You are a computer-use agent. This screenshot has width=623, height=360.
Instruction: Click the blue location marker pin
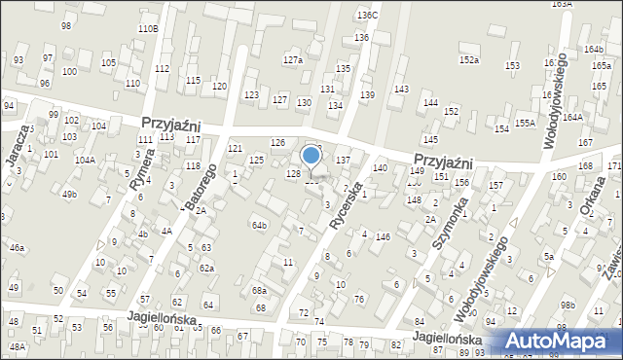point(311,157)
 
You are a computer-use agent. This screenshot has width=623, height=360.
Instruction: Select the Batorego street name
point(199,185)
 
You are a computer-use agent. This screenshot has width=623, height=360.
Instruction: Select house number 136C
point(367,16)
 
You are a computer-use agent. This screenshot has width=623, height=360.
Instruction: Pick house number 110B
point(148,29)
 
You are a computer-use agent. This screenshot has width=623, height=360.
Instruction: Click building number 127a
point(293,60)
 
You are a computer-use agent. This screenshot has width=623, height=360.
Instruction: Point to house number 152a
point(470,60)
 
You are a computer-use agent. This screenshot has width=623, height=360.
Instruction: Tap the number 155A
point(526,123)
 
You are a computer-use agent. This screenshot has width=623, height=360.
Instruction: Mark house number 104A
point(85,160)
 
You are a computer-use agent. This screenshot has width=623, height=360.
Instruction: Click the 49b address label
point(69,195)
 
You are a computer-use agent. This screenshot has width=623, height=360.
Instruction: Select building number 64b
point(259,226)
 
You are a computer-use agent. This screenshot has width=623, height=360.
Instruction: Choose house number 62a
point(206,268)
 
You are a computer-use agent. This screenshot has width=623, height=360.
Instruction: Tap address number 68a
point(259,291)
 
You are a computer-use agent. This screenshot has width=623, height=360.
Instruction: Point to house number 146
point(384,236)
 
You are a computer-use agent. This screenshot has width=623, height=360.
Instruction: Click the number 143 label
point(400,90)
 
